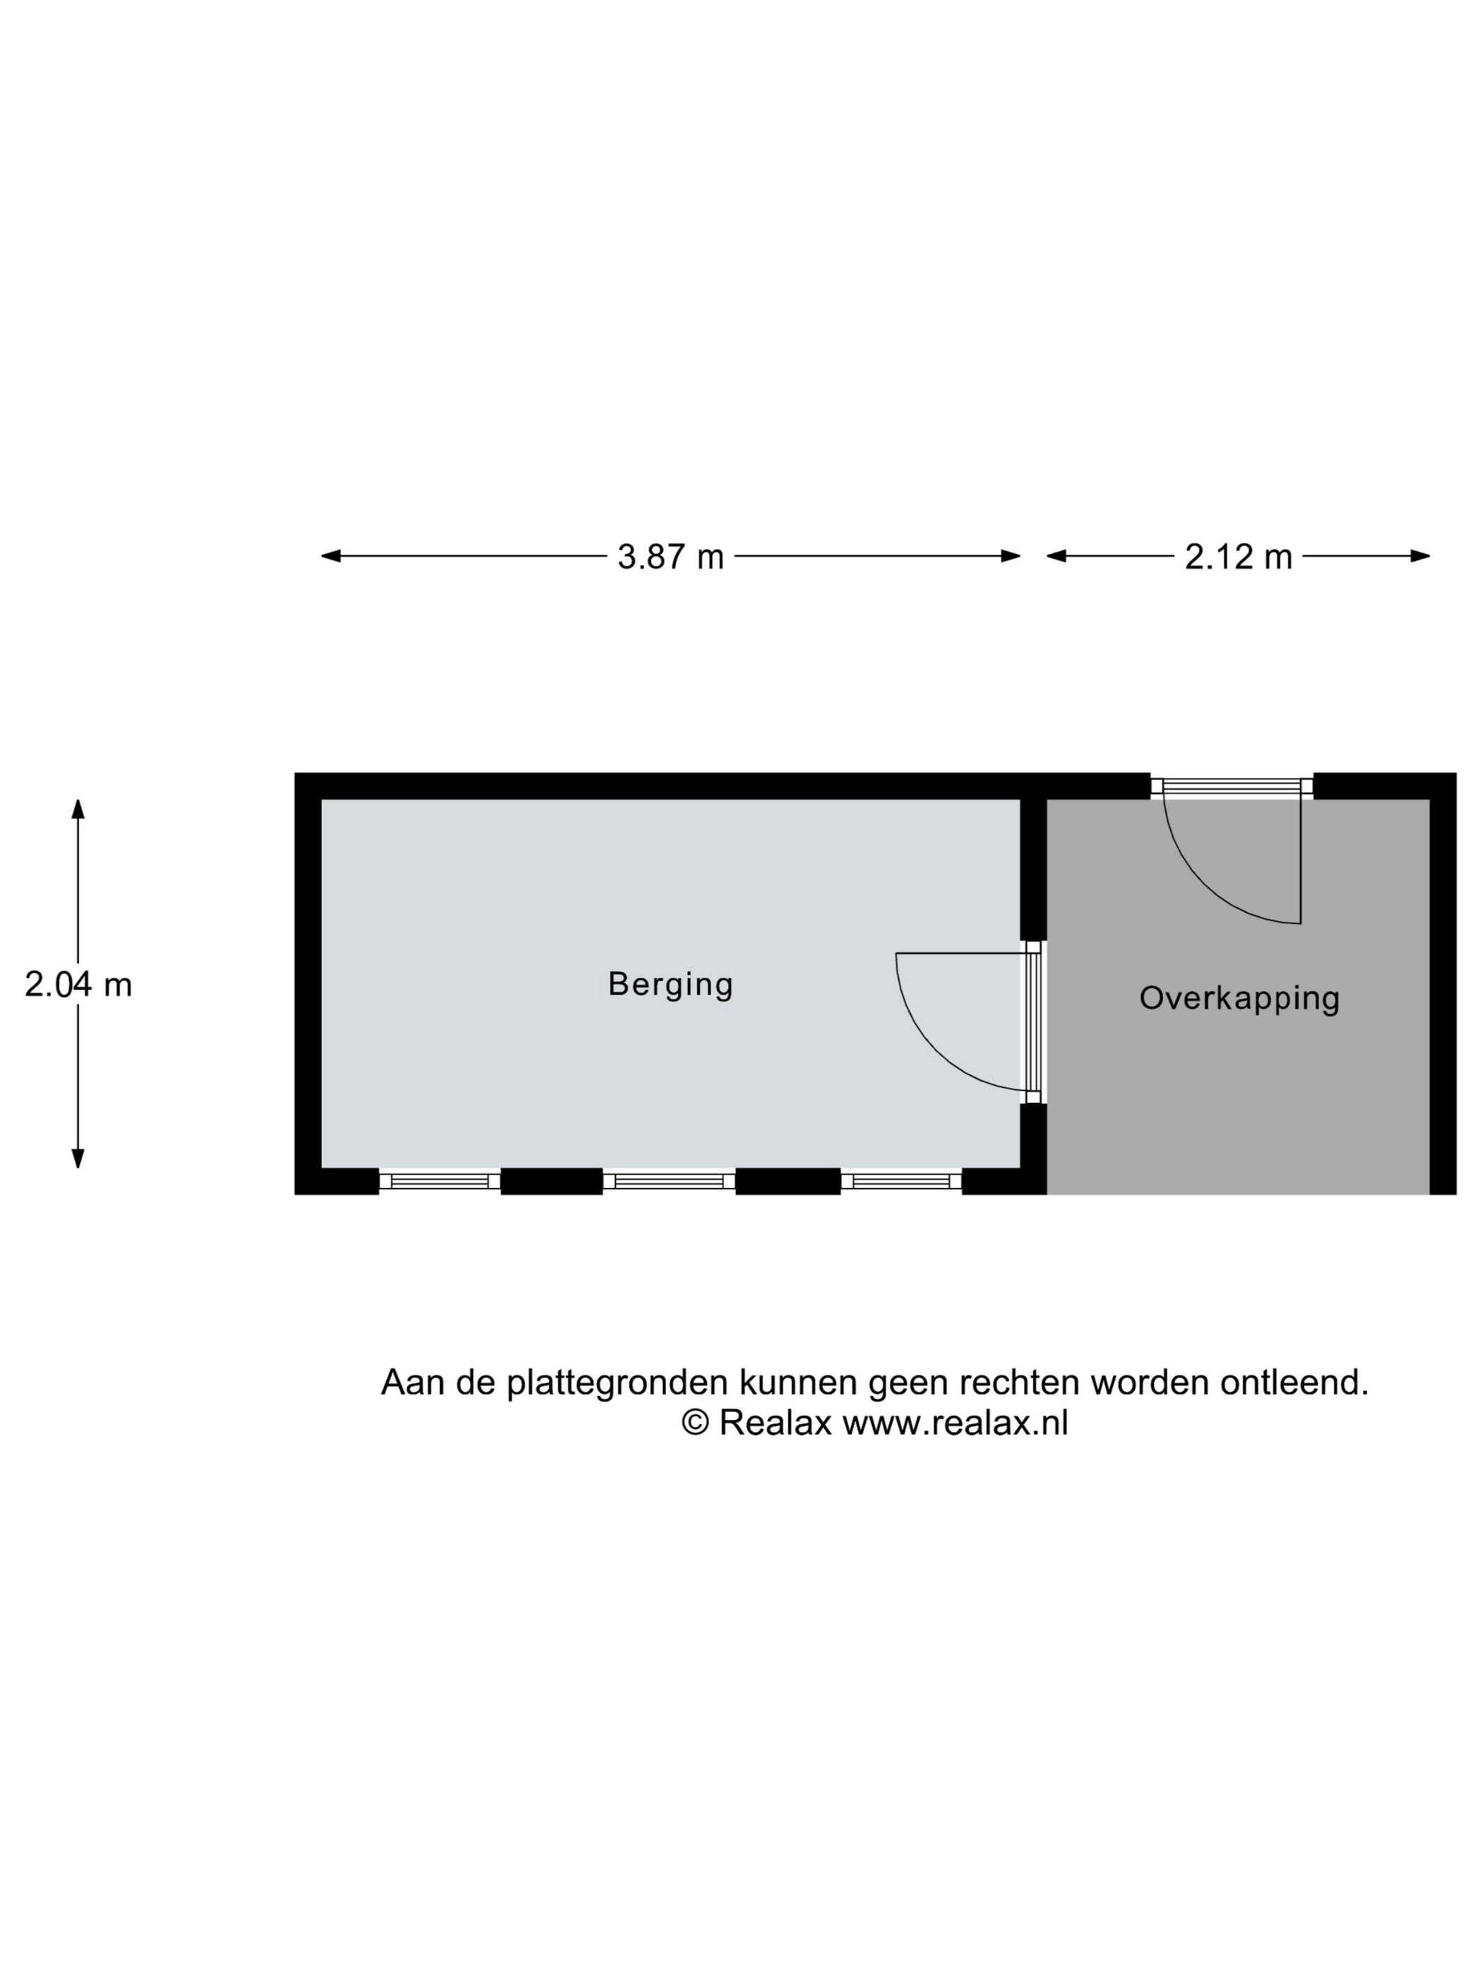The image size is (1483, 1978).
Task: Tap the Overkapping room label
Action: click(1239, 999)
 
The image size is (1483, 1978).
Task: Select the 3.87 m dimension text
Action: click(670, 557)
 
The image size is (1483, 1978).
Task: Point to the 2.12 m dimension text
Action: click(1238, 557)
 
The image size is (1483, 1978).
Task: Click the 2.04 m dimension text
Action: click(78, 985)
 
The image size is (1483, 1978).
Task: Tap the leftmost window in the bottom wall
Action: click(439, 1181)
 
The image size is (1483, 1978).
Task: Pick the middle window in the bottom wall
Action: click(669, 1181)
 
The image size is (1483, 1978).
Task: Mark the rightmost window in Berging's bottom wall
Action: click(901, 1181)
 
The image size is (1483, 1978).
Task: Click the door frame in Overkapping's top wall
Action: click(1232, 787)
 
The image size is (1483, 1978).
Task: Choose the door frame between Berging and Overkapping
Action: click(1033, 1022)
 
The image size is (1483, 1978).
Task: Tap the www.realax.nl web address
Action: click(955, 1423)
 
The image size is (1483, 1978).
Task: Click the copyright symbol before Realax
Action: click(696, 1423)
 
